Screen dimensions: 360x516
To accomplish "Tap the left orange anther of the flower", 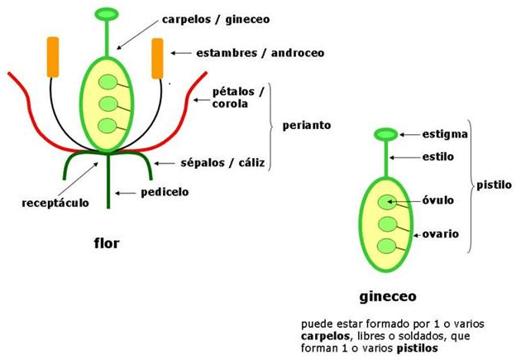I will [53, 57].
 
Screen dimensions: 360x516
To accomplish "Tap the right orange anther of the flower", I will [158, 58].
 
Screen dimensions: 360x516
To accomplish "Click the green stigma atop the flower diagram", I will [107, 14].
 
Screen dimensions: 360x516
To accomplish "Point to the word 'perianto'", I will [306, 126].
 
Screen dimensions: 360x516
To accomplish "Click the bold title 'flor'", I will [107, 243].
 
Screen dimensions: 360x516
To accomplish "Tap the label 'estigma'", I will [446, 133].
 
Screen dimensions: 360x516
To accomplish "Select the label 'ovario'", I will [442, 233].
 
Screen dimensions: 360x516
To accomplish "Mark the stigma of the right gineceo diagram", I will [386, 134].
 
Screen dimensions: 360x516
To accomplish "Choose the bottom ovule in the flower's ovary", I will [107, 126].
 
